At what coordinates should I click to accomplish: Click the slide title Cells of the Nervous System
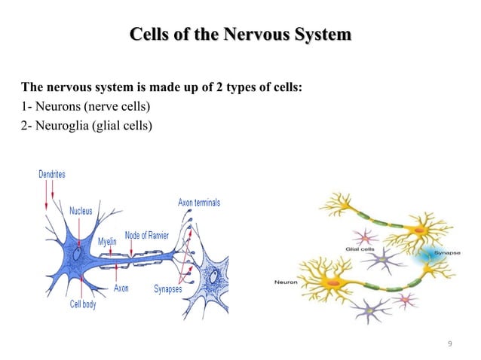(240, 35)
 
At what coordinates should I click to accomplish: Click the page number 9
(449, 344)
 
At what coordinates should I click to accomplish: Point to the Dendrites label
(52, 175)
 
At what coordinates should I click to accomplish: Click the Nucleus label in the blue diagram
(81, 211)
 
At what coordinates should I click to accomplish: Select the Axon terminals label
(199, 203)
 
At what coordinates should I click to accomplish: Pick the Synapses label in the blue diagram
(167, 288)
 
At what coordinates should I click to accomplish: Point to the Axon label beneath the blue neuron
(121, 288)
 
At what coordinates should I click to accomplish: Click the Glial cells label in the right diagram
(360, 248)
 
